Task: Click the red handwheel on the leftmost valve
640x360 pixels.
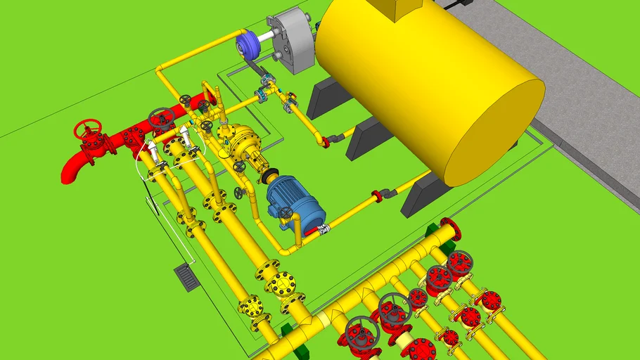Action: [x=88, y=129]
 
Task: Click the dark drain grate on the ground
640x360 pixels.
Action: [x=187, y=276]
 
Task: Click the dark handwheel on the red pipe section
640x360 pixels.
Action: [x=161, y=116]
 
